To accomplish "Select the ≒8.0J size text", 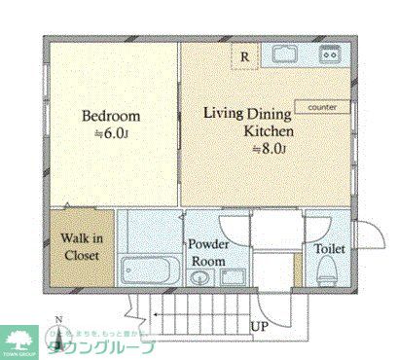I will [x=268, y=148].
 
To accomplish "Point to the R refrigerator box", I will [x=244, y=56].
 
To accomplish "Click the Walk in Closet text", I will [x=76, y=247].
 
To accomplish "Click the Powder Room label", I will [x=207, y=252].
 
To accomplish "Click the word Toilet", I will [x=329, y=249].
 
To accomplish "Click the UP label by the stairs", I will [x=261, y=327].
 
